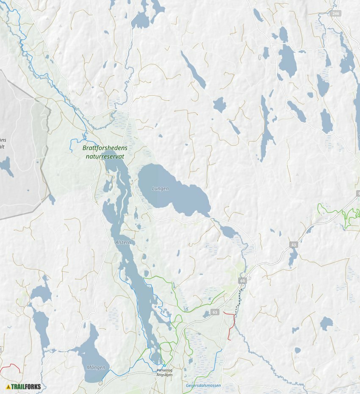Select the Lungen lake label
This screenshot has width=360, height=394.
tap(160, 189)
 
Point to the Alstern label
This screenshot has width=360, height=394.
tap(123, 242)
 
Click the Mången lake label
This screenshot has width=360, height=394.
tap(96, 367)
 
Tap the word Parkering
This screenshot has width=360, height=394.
tap(164, 370)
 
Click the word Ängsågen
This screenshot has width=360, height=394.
tap(164, 375)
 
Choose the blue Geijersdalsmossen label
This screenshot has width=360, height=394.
tap(203, 386)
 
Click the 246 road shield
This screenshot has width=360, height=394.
tap(336, 14)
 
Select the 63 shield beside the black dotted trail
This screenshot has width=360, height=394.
tap(242, 280)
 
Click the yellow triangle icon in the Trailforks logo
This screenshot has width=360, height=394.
tap(8, 386)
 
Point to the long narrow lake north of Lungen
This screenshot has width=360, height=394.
tap(193, 70)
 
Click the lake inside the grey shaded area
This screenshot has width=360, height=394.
tap(6, 166)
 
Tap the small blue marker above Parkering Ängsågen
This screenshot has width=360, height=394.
tap(164, 365)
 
